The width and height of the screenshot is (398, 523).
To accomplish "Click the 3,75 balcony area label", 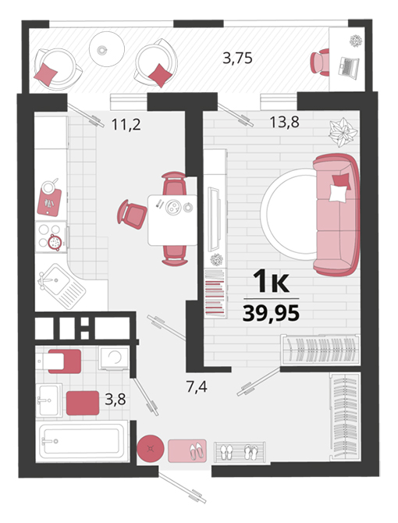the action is [237, 59].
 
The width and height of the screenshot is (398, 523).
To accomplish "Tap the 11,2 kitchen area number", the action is [126, 125].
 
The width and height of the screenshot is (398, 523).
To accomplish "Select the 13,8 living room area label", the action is [284, 123].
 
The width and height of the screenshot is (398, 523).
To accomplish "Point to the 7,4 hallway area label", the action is [197, 387].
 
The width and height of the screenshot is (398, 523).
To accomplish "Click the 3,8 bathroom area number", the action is [115, 399].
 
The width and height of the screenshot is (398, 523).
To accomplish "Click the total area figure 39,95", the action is [271, 313].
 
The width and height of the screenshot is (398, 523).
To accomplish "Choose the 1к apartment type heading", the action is [271, 282].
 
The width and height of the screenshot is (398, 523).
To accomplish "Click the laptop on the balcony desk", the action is [348, 68].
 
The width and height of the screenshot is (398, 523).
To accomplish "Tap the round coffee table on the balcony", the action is [107, 49].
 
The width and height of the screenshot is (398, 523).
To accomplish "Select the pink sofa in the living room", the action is [336, 215].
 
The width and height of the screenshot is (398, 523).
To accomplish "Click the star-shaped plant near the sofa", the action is [343, 132].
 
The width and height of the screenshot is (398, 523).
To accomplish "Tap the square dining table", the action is [172, 220].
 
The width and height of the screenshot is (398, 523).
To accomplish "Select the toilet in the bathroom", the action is [59, 361].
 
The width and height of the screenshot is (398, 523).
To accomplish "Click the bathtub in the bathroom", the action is [82, 441].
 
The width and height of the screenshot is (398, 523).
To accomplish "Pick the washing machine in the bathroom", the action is [114, 358].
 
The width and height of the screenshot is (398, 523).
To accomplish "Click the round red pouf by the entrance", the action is [151, 449].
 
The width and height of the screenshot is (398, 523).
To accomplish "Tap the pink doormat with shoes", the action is [187, 451].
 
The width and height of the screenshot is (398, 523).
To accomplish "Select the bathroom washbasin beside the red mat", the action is [48, 400].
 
